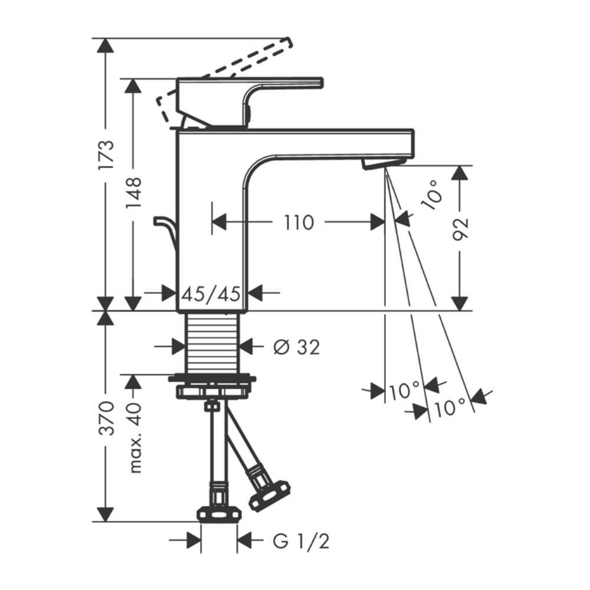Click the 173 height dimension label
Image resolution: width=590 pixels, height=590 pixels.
(x=106, y=155)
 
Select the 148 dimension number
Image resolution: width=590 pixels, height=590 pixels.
(x=133, y=193)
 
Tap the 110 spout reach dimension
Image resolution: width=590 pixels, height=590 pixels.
(x=299, y=222)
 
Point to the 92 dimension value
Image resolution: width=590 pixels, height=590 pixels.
(x=460, y=229)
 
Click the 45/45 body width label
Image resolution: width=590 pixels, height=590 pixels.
(x=211, y=293)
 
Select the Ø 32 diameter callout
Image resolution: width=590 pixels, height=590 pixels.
(x=297, y=347)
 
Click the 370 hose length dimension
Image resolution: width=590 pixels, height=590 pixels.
(x=106, y=418)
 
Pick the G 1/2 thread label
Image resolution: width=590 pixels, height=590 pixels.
(x=301, y=542)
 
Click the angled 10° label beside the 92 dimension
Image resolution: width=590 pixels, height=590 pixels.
(x=432, y=195)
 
